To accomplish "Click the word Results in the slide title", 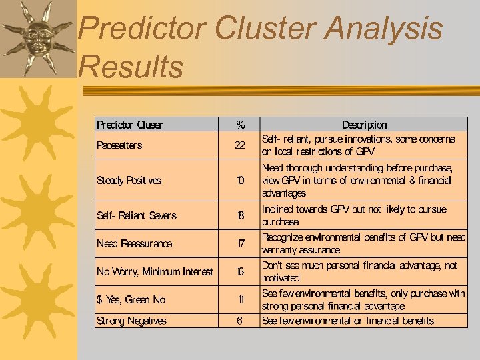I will (131, 66).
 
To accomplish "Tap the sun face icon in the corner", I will (38, 37).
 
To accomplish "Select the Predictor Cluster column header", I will (129, 125).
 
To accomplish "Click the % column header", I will (240, 125).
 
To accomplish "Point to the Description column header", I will (364, 125).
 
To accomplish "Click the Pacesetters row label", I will (119, 145).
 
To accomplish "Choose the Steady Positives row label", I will (129, 181).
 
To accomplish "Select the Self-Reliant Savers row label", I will (137, 215).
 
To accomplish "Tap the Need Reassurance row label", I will (134, 243).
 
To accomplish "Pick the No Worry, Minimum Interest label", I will (155, 271).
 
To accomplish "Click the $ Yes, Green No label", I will (131, 300).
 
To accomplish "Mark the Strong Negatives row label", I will (131, 321).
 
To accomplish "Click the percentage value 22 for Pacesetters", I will (240, 145).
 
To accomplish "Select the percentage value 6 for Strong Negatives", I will (240, 321).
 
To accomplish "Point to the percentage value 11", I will (240, 300).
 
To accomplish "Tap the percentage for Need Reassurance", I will (240, 243).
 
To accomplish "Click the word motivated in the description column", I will (281, 278).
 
